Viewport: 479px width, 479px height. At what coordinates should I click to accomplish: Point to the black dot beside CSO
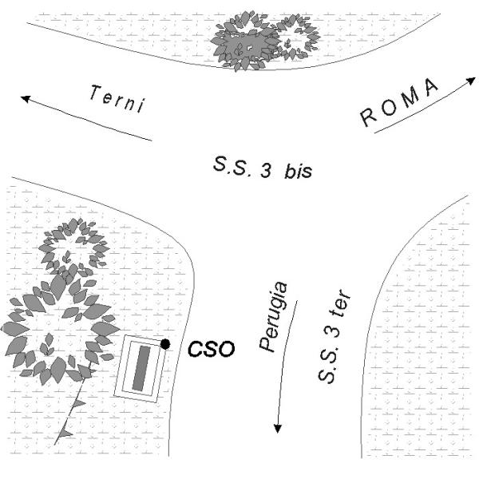(x=165, y=343)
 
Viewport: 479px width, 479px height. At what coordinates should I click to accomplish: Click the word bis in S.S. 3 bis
(x=295, y=171)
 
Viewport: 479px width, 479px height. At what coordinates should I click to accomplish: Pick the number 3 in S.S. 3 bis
(x=263, y=170)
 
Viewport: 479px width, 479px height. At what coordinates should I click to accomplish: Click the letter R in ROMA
(x=370, y=119)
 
